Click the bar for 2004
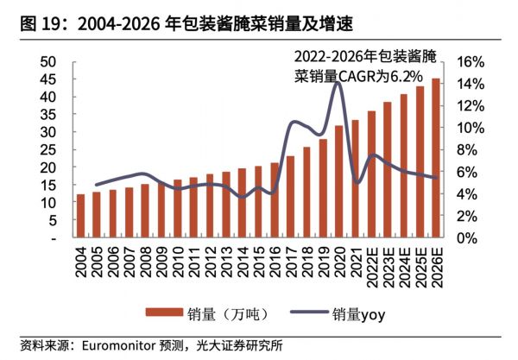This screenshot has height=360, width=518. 81,216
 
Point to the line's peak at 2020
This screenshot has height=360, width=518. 338,83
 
